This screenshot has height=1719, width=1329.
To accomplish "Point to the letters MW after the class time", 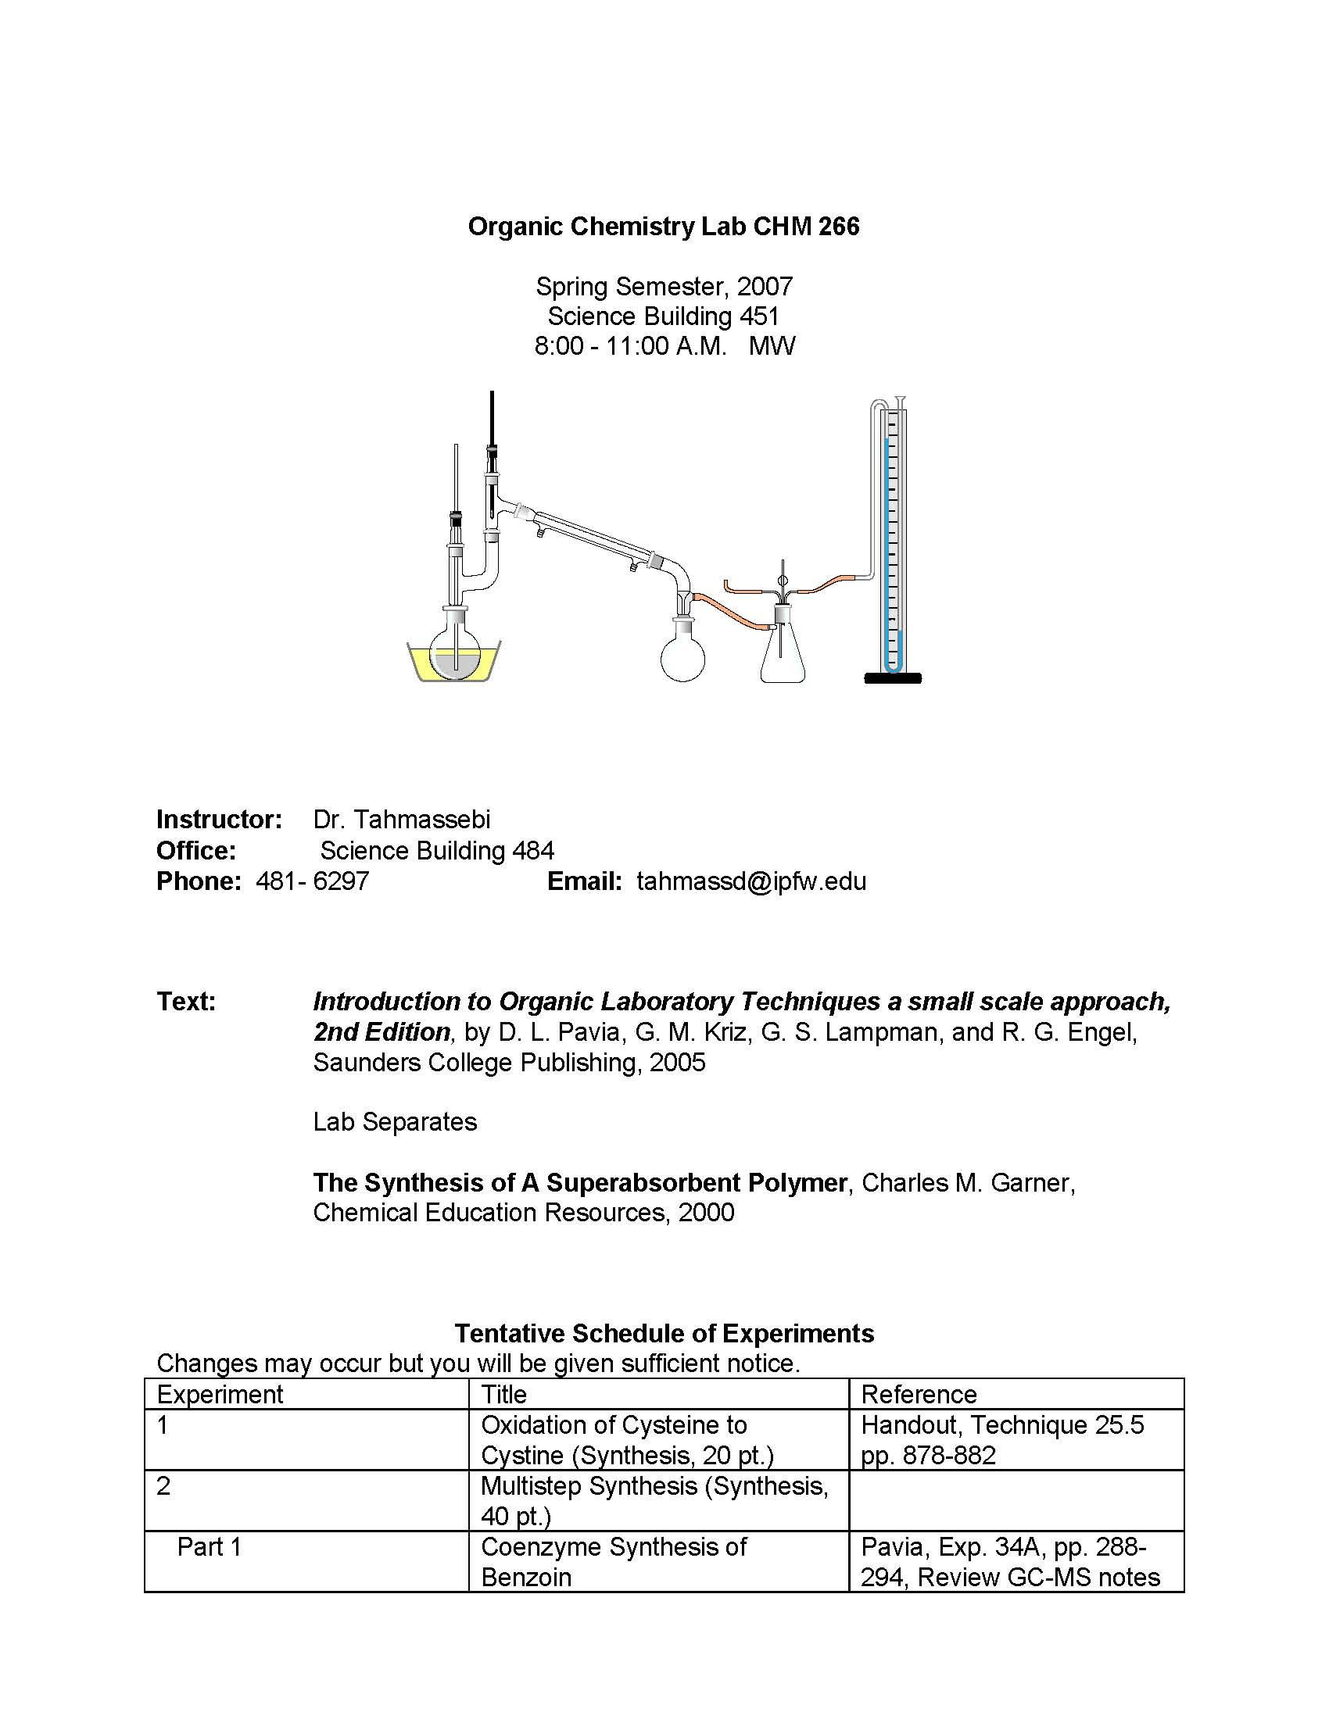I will [772, 345].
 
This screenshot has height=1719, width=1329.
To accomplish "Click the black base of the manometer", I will [892, 678].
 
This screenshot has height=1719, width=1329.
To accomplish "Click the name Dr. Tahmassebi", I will [402, 820].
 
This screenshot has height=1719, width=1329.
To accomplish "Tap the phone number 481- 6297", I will [313, 881].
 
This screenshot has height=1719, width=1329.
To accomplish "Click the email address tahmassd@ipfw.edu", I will [751, 881].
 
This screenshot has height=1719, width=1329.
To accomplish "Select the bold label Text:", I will [186, 1001].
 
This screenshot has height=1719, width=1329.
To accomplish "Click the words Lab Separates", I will [395, 1121].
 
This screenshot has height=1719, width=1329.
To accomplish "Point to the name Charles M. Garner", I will [968, 1182].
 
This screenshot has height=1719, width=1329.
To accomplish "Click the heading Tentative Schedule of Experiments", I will [664, 1333].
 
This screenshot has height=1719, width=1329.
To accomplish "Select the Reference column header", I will [918, 1394].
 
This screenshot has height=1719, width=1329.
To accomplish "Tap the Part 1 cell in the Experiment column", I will [209, 1546].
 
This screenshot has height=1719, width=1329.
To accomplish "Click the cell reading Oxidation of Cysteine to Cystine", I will [627, 1439].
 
